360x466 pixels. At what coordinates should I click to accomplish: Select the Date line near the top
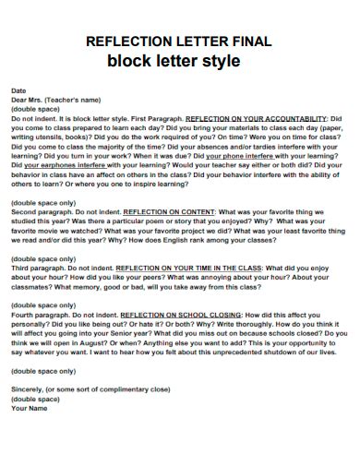18,91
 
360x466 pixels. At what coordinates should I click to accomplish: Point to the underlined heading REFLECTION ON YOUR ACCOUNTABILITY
257,119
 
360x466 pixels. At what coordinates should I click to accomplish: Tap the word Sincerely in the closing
29,388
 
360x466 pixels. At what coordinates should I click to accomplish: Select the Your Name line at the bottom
29,407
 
